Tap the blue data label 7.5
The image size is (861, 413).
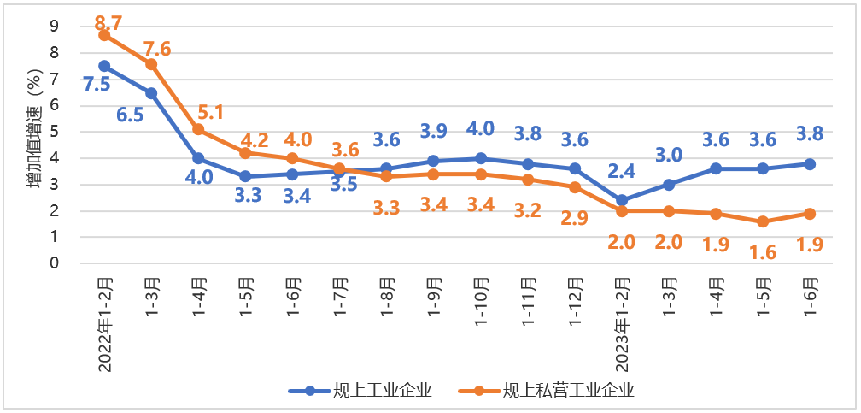(97, 85)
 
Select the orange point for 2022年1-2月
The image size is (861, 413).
(104, 35)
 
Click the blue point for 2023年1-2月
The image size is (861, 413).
(621, 200)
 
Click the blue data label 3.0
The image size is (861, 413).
(668, 156)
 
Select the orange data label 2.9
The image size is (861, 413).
(575, 217)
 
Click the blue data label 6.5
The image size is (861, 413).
(129, 115)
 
